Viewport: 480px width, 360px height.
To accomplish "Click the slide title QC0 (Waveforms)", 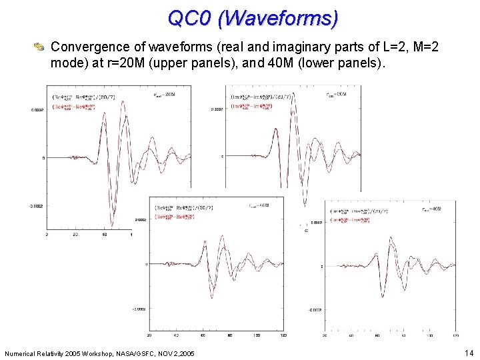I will [x=253, y=18].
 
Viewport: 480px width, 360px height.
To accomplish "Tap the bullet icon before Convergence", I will [x=39, y=47].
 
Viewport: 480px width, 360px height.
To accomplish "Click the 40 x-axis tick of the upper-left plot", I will [x=104, y=235].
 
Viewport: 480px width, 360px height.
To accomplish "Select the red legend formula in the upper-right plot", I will [x=252, y=105].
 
